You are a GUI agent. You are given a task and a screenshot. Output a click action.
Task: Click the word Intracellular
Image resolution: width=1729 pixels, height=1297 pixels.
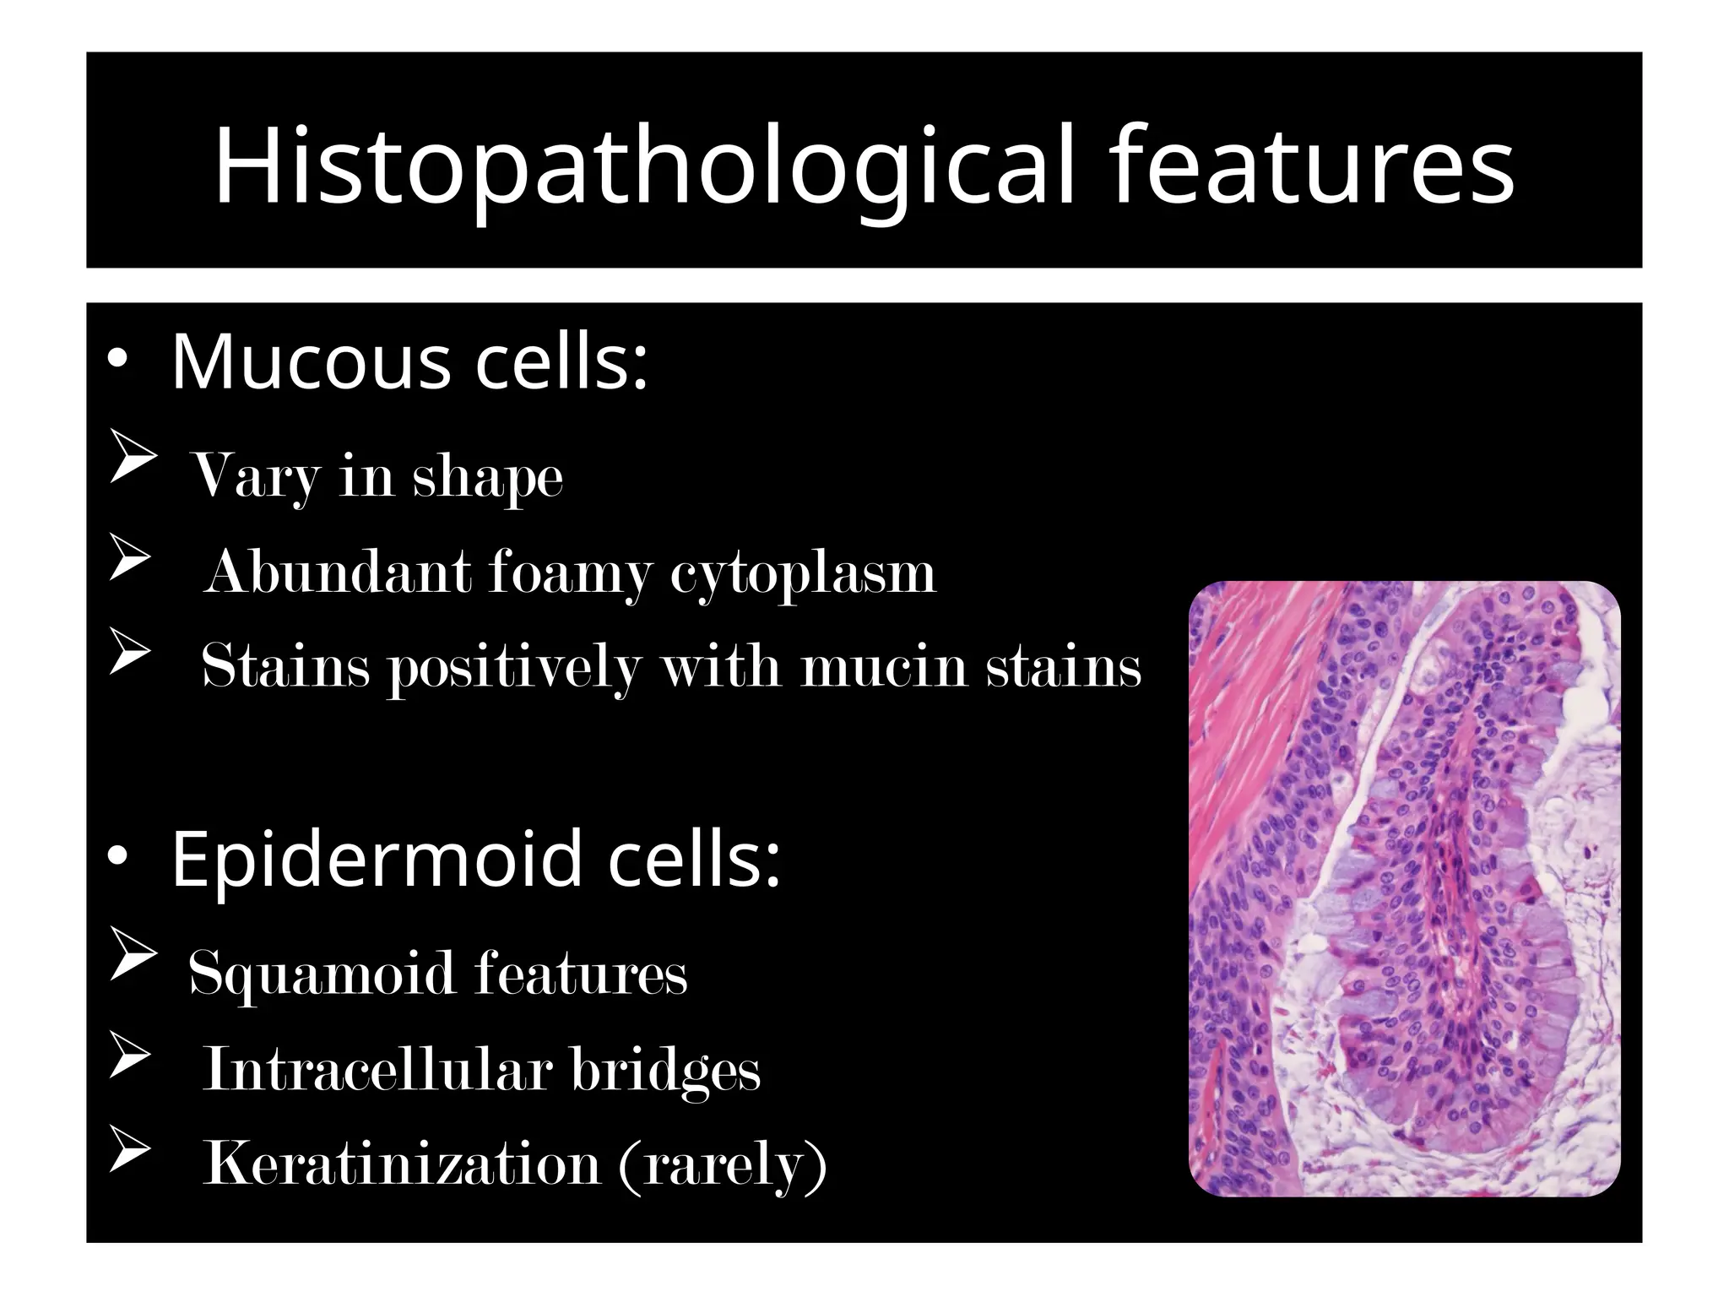click(x=377, y=1069)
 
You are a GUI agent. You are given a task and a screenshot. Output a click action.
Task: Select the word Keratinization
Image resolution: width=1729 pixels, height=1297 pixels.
click(x=401, y=1164)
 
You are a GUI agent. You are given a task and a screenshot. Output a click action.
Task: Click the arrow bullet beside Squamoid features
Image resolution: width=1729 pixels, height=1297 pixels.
click(x=133, y=964)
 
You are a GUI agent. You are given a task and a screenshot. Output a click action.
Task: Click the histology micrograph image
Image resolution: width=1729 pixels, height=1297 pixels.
click(x=1404, y=888)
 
